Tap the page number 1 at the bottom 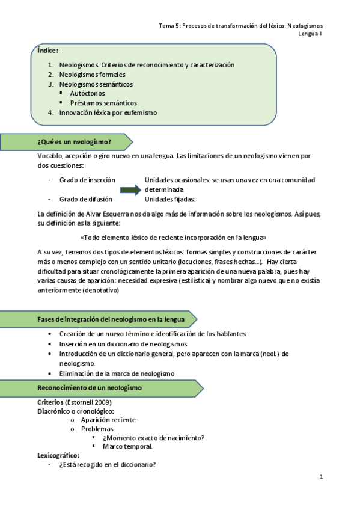[x=322, y=477]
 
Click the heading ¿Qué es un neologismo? [x=74, y=142]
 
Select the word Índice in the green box [x=47, y=51]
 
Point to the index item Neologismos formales [x=92, y=75]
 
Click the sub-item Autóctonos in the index [x=87, y=93]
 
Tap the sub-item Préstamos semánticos [x=103, y=103]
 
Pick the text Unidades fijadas [x=170, y=200]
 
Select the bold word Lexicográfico [x=58, y=456]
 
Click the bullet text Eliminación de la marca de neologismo [x=117, y=373]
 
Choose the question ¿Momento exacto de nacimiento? [x=153, y=438]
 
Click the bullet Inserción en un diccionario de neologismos [x=123, y=344]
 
